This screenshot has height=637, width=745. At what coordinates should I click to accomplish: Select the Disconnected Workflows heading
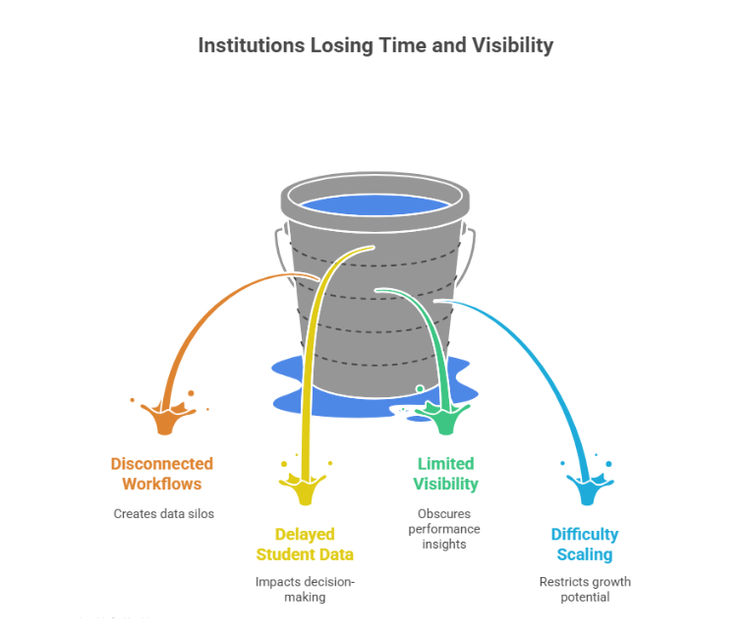point(161,473)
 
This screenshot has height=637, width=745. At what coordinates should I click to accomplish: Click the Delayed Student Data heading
point(304,544)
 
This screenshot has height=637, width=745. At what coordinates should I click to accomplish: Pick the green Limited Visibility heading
point(445,473)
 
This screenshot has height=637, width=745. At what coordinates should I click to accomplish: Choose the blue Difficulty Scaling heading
point(584,544)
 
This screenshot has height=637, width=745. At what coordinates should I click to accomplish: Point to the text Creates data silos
point(163,513)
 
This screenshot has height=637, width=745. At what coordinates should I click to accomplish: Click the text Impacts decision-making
point(305,589)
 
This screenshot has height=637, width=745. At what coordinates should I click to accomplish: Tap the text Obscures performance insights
point(445,529)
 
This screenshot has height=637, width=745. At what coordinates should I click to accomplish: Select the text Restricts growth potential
point(585,589)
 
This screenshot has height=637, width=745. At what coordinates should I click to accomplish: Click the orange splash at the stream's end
point(165,416)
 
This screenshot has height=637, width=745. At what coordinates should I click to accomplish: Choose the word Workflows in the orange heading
point(161,484)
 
